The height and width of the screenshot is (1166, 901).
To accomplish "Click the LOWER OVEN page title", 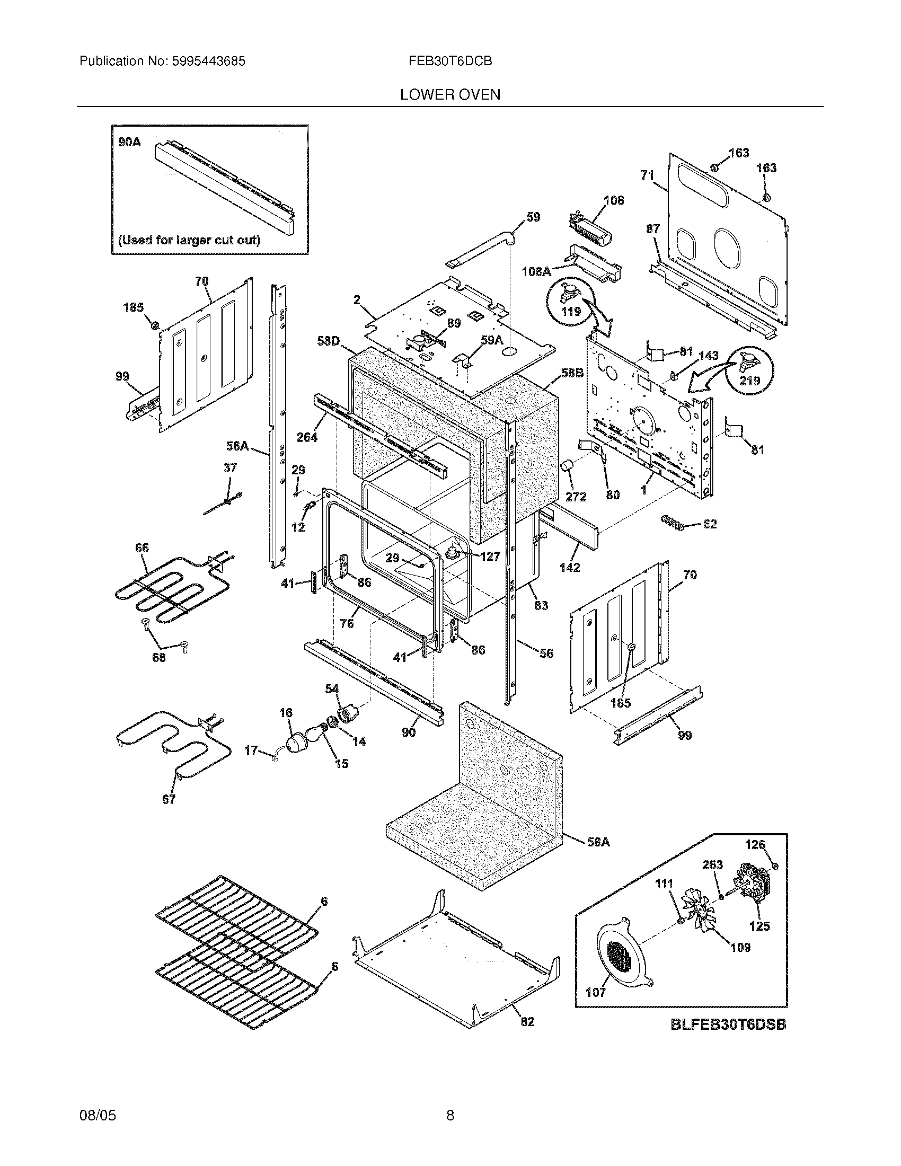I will coord(450,94).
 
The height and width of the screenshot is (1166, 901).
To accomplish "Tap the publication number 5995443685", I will coord(208,61).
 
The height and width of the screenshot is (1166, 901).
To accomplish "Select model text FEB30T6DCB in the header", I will coord(450,61).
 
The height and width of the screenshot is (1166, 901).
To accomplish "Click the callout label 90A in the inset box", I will coord(129,142).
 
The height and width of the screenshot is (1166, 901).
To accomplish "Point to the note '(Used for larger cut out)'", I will coord(189,240).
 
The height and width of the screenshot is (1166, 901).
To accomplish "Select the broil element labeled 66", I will coord(171,590).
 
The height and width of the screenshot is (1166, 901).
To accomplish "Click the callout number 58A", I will coord(598,843).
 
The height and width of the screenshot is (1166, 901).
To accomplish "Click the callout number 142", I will coord(570,568).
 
